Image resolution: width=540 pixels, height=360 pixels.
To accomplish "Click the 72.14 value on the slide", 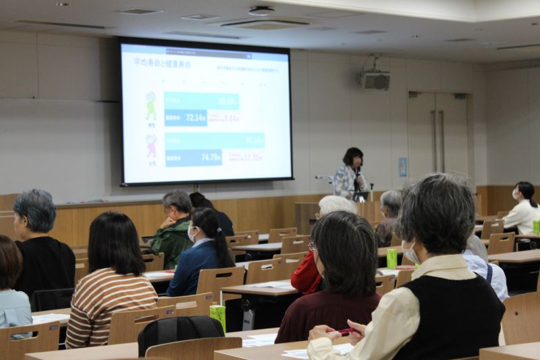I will (196, 118).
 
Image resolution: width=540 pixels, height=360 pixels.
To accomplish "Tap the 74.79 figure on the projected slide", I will (211, 158).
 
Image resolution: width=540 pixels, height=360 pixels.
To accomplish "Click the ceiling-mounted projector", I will (375, 80).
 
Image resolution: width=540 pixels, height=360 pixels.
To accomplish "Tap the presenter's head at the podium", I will (352, 157).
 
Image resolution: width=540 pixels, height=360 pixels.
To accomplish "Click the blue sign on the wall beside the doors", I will (403, 167).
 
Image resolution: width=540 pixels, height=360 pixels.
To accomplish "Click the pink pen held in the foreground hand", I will (346, 331).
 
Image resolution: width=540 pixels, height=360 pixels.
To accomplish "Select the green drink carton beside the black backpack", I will (217, 317).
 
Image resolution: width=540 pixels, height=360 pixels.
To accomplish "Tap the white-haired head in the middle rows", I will (336, 205).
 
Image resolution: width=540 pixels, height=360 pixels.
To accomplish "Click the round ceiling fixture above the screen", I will (261, 11).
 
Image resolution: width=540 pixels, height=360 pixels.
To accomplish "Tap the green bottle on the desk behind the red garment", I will (391, 259).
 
